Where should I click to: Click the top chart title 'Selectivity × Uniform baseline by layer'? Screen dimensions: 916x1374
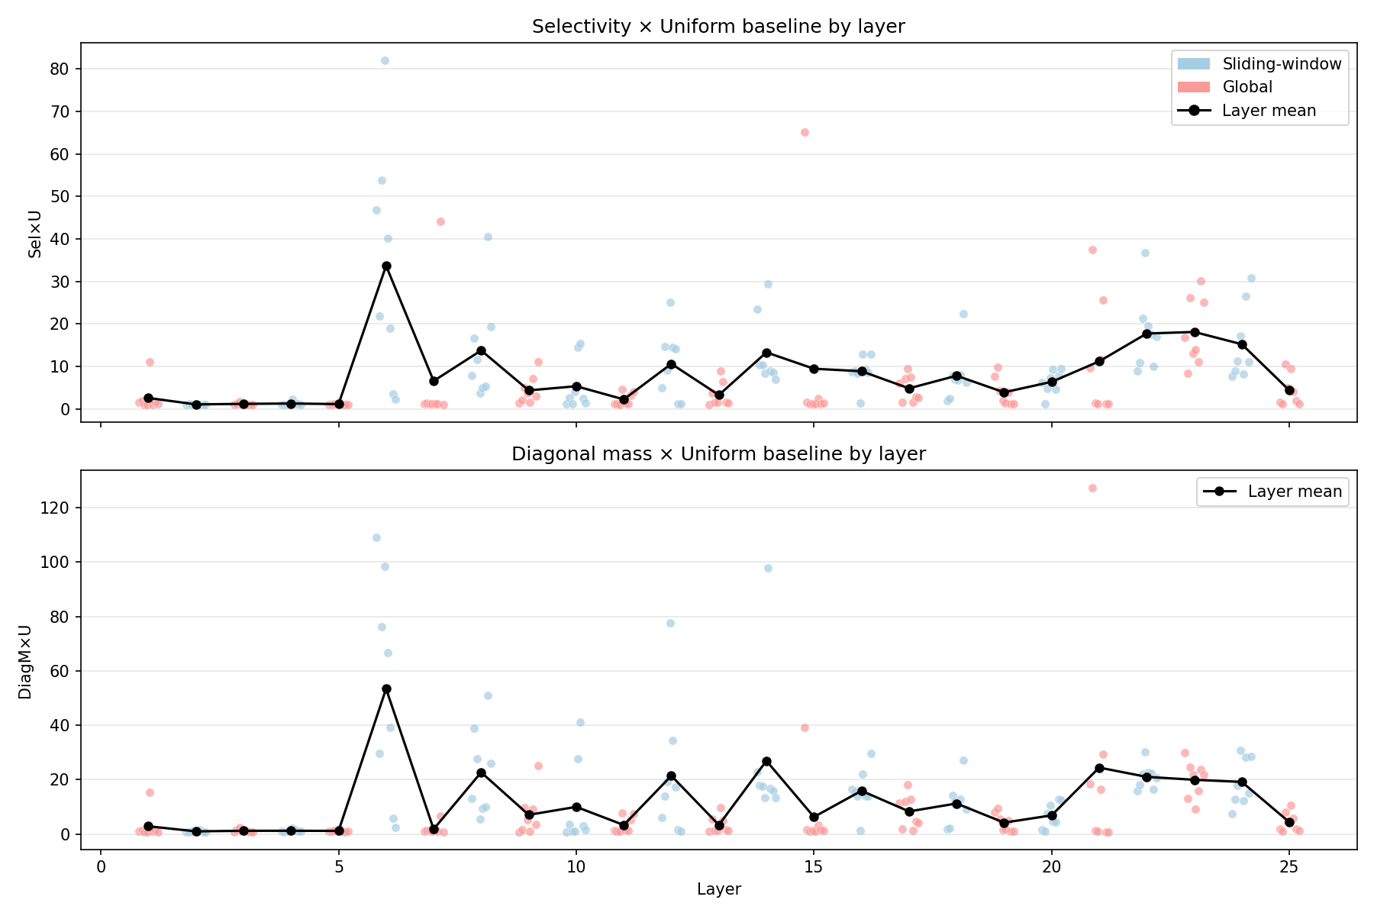point(718,27)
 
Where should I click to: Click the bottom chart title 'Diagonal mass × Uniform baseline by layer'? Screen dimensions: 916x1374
point(718,454)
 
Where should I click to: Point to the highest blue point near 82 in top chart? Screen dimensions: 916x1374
point(385,60)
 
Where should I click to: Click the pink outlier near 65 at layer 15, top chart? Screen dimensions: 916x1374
point(805,132)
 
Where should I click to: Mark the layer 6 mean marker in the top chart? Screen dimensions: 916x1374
point(386,266)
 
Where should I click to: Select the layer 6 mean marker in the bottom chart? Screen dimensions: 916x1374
point(386,689)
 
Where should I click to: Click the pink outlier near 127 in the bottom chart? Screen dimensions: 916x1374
point(1092,488)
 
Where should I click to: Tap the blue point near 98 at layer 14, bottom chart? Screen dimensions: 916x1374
point(768,568)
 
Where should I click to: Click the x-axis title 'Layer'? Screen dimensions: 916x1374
point(718,889)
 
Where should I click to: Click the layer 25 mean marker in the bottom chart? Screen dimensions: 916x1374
point(1289,822)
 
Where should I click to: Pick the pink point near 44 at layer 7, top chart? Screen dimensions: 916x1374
point(440,221)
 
